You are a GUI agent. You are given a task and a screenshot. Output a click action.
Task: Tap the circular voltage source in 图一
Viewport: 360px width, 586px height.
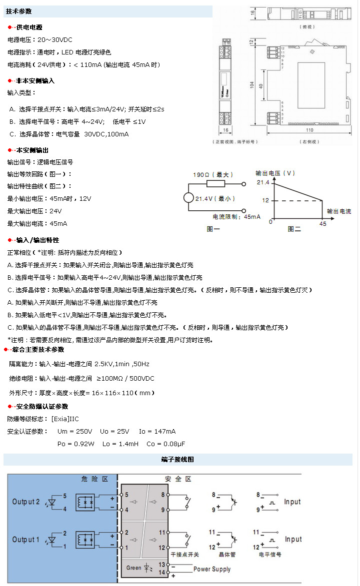(188, 197)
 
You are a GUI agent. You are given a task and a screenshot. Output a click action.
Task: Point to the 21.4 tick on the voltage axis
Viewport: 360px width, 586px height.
(263, 183)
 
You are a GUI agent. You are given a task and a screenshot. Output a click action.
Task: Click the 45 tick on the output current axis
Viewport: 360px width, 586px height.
(322, 224)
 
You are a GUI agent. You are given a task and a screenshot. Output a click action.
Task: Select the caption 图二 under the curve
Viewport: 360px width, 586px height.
(294, 229)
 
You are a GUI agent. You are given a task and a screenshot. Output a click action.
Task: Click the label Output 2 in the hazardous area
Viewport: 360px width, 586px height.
(26, 502)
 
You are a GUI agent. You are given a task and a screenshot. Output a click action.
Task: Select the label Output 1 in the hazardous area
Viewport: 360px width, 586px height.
(26, 540)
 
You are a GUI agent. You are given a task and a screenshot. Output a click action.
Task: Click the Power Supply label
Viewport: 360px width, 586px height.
(212, 569)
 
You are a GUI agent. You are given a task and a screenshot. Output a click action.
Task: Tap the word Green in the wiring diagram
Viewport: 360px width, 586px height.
(133, 568)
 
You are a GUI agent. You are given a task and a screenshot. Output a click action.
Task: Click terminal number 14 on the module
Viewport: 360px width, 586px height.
(161, 573)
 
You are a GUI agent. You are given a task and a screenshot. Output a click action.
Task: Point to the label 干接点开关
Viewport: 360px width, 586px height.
(184, 555)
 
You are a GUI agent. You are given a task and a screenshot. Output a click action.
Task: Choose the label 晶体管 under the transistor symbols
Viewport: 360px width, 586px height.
(227, 555)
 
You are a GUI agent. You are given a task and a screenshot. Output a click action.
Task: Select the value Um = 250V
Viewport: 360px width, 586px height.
(75, 431)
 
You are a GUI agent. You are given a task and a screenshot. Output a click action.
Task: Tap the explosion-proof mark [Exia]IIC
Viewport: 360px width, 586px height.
(65, 419)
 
